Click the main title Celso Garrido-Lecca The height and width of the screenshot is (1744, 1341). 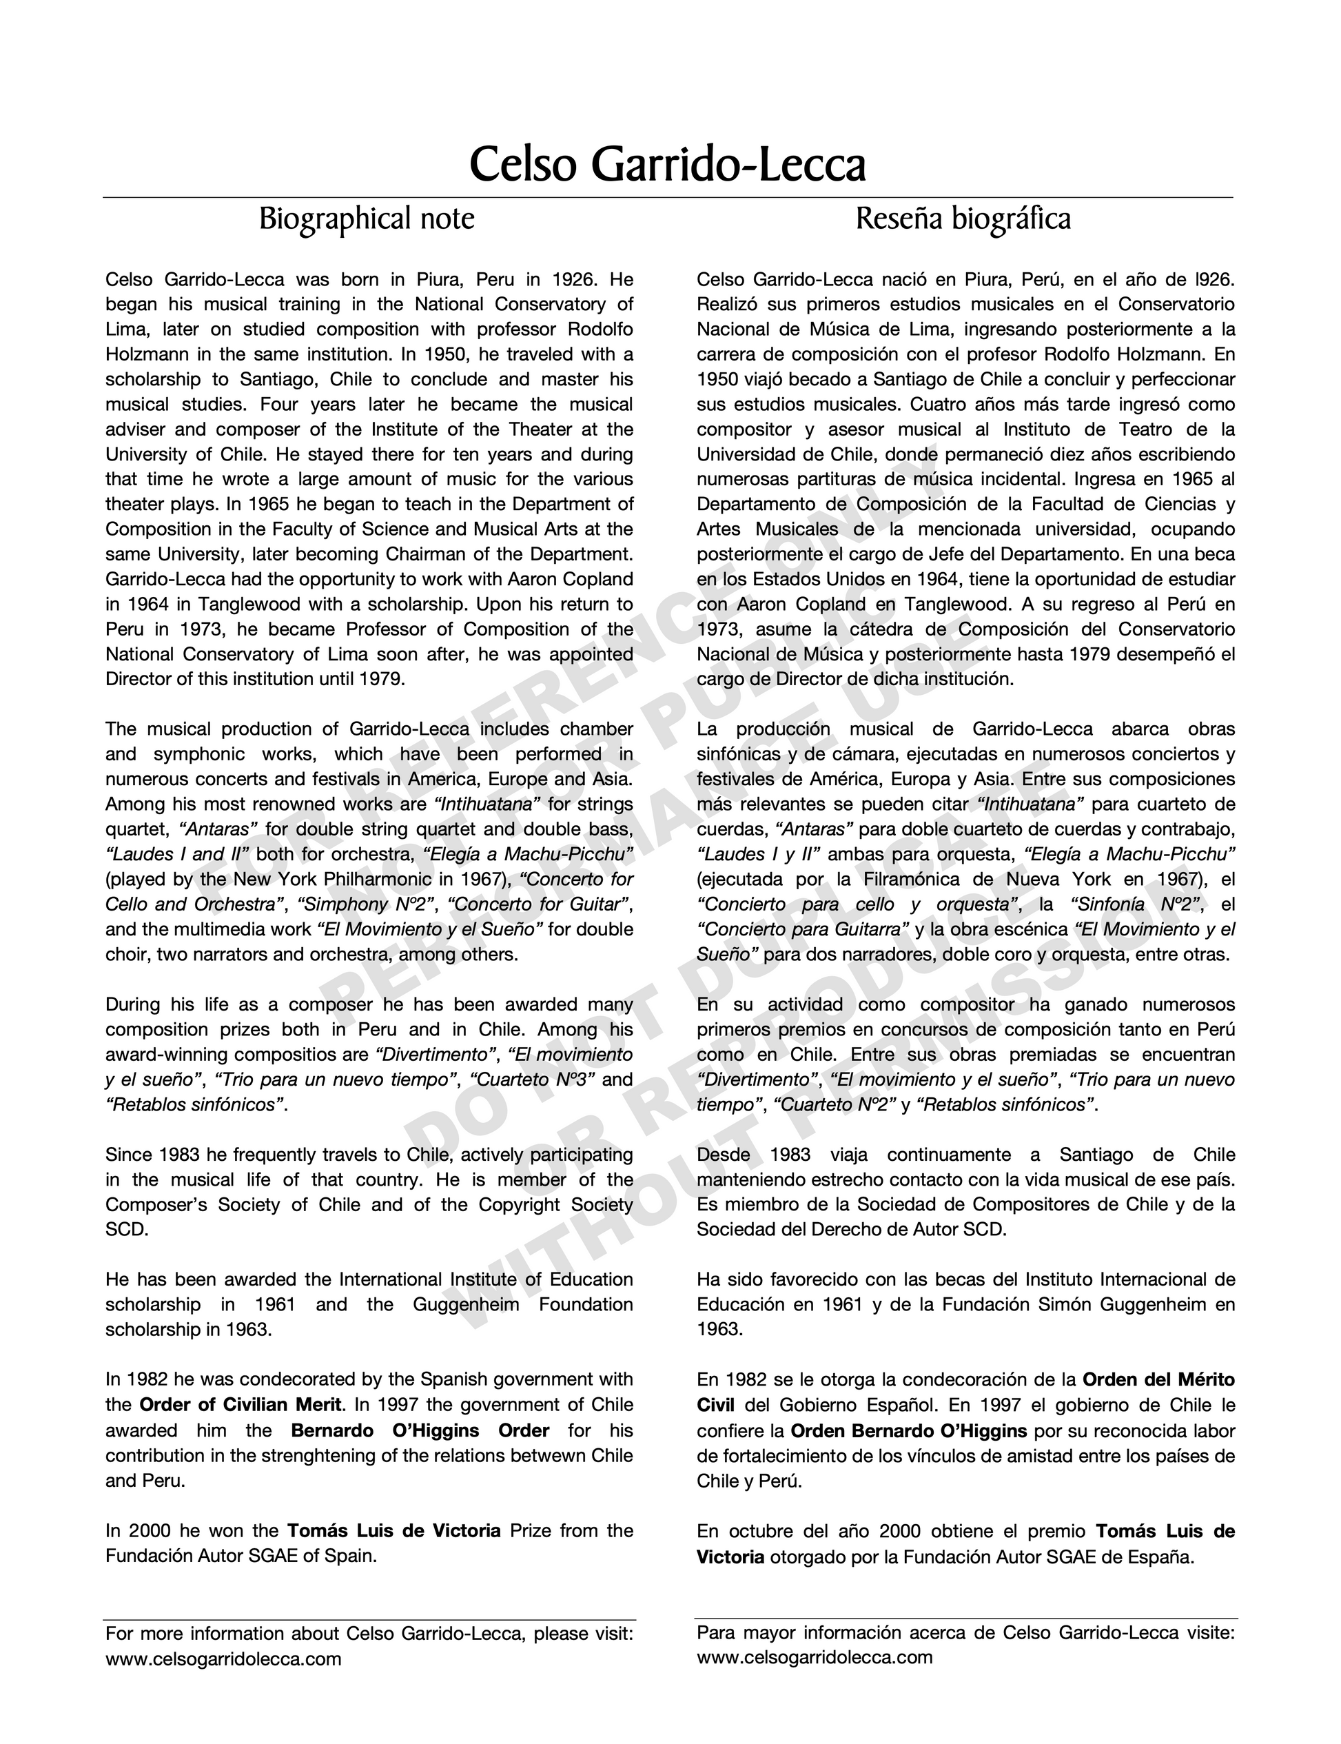click(x=667, y=165)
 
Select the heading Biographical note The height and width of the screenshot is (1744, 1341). click(x=367, y=219)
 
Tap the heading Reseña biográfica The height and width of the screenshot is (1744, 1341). click(x=963, y=219)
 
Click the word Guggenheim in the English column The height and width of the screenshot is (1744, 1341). click(x=465, y=1304)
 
